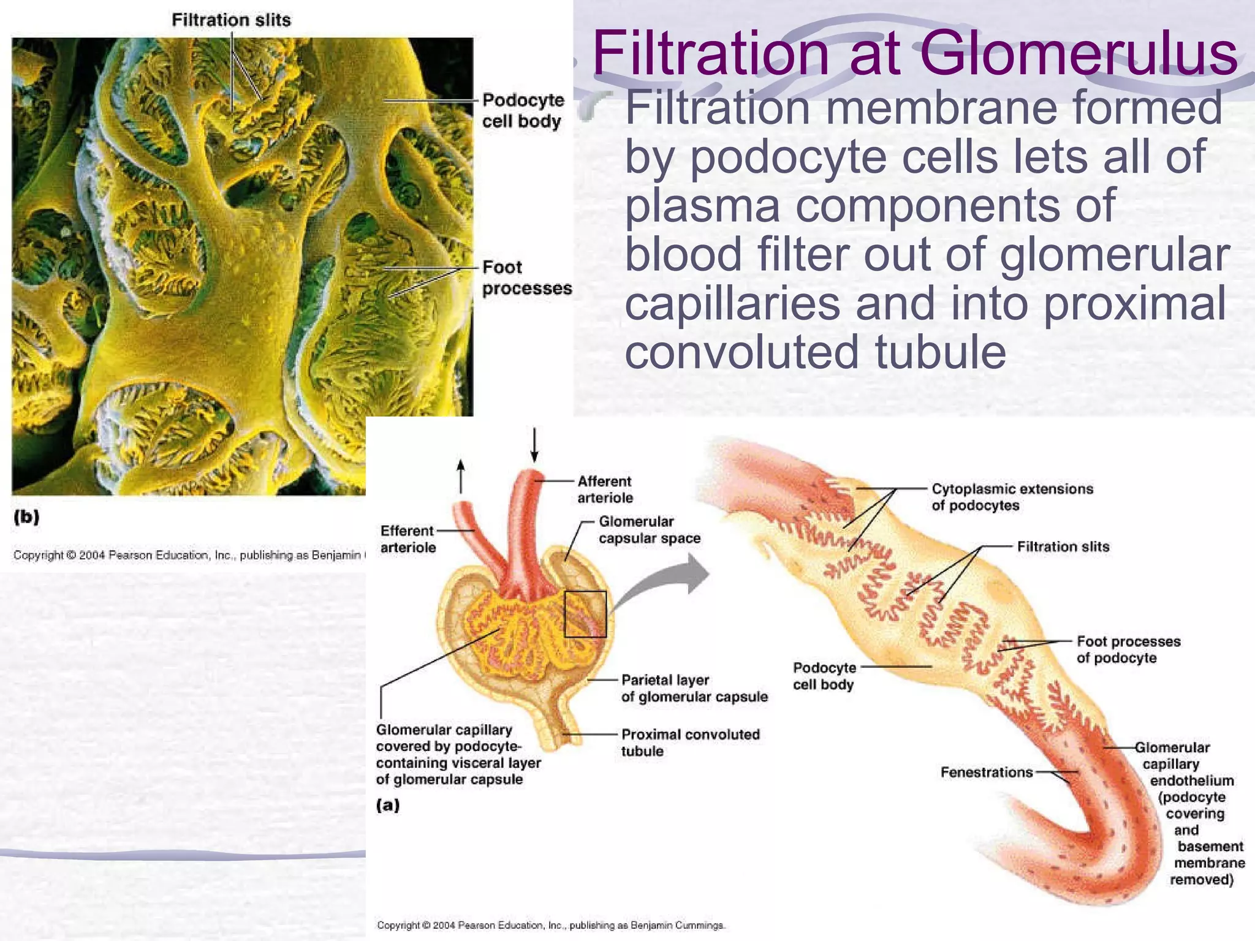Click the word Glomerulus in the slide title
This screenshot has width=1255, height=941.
pos(1079,54)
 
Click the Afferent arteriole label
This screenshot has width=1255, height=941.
pos(604,489)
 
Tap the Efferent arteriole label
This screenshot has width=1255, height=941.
pos(408,539)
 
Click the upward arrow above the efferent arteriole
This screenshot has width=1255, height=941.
pos(461,477)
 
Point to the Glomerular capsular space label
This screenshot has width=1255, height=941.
pos(649,530)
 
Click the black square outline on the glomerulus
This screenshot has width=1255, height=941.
pos(585,614)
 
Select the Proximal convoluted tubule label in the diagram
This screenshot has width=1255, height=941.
pos(690,743)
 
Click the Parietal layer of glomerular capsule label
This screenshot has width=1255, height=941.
pos(694,688)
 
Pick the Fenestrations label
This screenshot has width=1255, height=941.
pos(987,772)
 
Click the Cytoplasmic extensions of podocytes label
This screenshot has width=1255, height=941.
pos(1012,497)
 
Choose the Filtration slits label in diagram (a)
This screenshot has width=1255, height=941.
pos(1063,546)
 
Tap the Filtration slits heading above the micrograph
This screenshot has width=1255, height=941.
pos(231,20)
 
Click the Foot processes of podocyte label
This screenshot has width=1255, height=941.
pos(1128,649)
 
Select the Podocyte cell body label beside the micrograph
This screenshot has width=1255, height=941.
pos(522,110)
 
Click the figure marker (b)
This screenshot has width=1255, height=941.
pos(26,517)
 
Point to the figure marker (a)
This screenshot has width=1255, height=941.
pos(388,804)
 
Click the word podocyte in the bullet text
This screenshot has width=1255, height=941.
pos(788,156)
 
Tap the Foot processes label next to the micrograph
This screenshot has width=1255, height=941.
pos(526,278)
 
